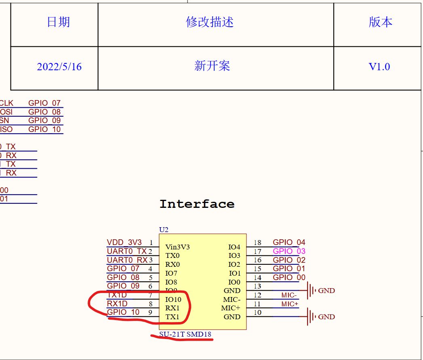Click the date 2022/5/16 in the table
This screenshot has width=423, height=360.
click(x=59, y=67)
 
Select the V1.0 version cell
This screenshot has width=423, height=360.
click(x=379, y=67)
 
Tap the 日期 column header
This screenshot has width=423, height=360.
click(x=58, y=22)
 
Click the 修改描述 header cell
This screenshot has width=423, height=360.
click(x=210, y=22)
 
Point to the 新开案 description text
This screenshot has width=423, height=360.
click(x=212, y=66)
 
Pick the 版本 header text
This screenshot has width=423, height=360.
click(x=380, y=22)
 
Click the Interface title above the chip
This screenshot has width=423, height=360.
click(x=197, y=204)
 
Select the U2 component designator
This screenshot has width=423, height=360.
click(x=164, y=230)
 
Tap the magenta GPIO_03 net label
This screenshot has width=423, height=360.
click(x=289, y=251)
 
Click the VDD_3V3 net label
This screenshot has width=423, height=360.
click(x=124, y=243)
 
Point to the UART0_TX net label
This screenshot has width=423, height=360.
click(x=126, y=251)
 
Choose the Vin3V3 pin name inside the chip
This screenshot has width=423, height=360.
click(x=177, y=247)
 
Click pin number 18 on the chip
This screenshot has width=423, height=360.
click(x=257, y=243)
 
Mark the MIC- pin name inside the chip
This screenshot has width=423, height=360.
click(x=231, y=299)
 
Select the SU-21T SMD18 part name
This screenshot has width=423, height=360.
click(x=185, y=334)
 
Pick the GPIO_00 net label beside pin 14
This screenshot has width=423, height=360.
click(x=289, y=277)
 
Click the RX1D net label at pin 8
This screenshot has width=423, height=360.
click(x=117, y=303)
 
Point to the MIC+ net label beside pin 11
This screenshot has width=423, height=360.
click(x=290, y=304)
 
